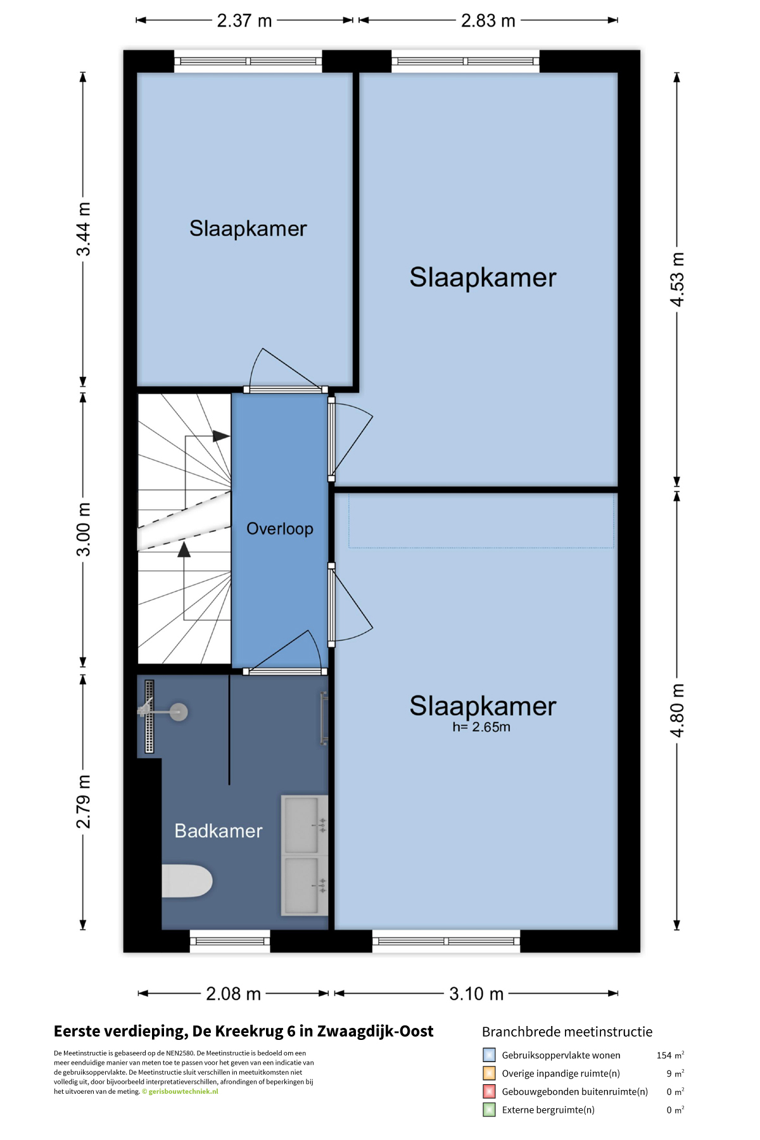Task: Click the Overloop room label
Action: coord(280,529)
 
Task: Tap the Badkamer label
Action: coord(218,831)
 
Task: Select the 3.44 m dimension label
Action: coord(84,229)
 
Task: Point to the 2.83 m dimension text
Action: coord(488,21)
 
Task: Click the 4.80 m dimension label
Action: coord(677,711)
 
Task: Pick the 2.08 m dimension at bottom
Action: coord(233,994)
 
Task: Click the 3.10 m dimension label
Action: coord(476,994)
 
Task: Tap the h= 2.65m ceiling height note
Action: coord(481,727)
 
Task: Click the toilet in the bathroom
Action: coord(187,881)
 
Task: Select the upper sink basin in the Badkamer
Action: coord(301,825)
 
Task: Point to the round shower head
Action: coord(179,712)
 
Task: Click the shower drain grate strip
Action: coord(149,716)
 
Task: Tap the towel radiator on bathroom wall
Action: coord(324,718)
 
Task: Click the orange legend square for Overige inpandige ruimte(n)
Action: coord(489,1073)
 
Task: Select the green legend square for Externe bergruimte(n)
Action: coord(489,1110)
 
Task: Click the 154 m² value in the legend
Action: coord(670,1055)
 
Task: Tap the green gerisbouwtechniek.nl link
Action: coord(183,1091)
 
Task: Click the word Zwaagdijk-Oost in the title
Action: coord(375,1031)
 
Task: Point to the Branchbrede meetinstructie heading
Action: coord(567,1032)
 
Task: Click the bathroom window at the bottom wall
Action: coord(230,941)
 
